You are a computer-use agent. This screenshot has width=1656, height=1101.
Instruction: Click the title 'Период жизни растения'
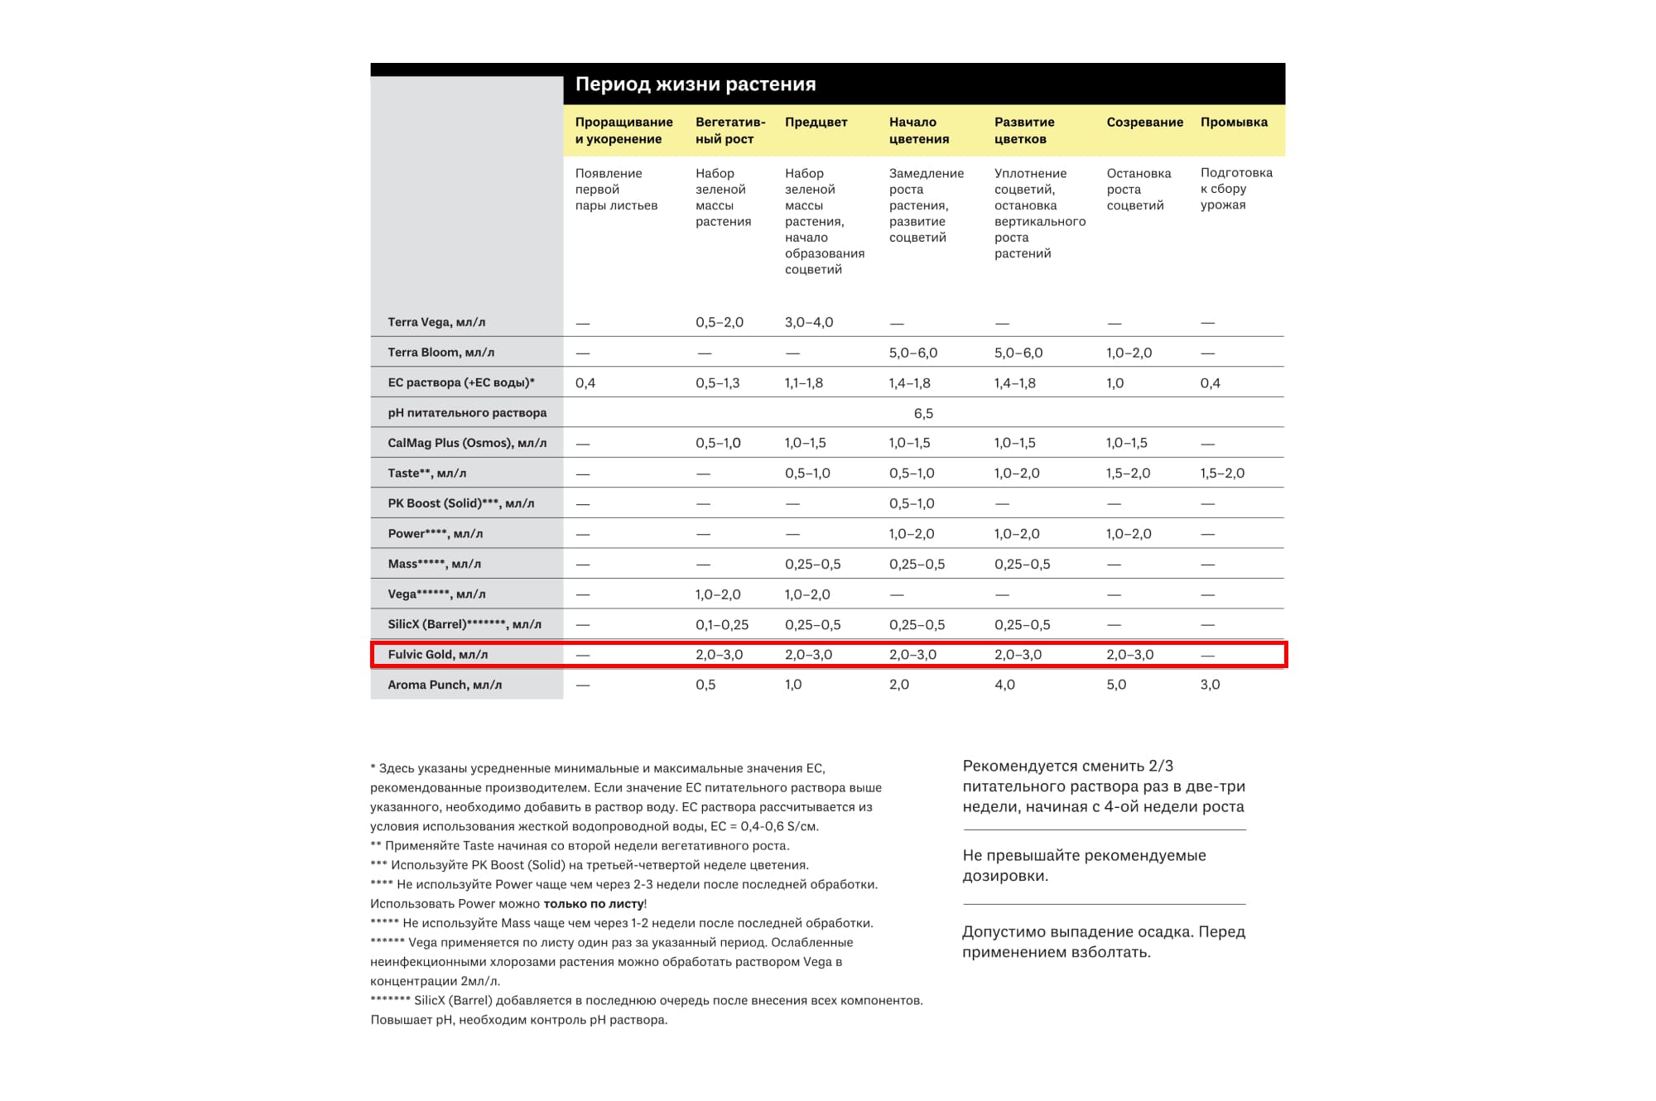(x=696, y=84)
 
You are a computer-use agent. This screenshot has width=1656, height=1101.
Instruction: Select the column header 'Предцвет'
(x=816, y=123)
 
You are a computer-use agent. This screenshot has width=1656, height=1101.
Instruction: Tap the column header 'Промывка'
(x=1234, y=123)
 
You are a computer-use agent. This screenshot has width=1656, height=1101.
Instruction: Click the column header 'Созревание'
(x=1144, y=123)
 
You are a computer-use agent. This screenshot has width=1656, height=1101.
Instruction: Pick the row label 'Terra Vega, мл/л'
(x=436, y=322)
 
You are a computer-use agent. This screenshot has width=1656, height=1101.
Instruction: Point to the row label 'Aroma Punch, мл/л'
(x=445, y=685)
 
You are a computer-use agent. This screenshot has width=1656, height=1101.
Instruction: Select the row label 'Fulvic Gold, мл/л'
(x=437, y=655)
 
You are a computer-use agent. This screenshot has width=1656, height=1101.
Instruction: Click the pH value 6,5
(x=923, y=413)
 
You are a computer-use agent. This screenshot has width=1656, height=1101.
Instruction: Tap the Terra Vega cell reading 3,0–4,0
(x=809, y=322)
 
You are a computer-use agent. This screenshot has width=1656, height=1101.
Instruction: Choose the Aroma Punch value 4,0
(x=1004, y=685)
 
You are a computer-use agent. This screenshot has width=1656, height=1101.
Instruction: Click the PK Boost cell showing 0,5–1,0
(x=912, y=503)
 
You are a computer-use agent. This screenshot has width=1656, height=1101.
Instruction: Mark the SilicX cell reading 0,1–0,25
(x=721, y=625)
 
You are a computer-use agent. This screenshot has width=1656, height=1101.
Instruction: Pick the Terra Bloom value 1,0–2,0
(x=1129, y=353)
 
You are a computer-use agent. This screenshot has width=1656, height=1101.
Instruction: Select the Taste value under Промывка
(x=1222, y=474)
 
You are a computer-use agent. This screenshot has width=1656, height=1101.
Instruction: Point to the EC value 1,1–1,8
(x=803, y=383)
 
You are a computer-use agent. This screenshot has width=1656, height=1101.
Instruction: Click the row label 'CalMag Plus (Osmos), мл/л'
(x=467, y=443)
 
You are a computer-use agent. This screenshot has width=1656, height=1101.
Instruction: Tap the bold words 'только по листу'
(x=594, y=904)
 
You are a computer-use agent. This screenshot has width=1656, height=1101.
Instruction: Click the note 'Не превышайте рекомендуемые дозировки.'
(x=1084, y=865)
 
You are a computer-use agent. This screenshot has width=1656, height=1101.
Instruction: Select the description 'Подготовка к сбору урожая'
(x=1236, y=189)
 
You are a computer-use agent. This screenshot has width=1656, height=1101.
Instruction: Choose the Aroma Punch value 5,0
(x=1116, y=685)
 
